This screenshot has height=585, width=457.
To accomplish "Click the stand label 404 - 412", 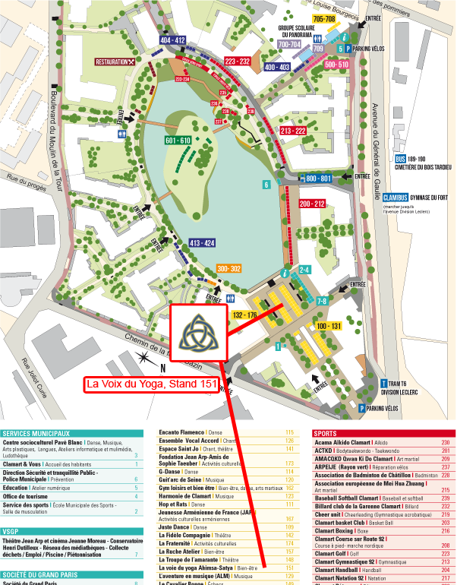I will [172, 40].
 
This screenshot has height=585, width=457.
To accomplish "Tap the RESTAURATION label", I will [115, 62].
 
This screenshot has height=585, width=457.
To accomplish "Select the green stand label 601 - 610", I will [178, 141].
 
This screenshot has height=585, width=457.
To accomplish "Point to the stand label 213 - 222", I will [292, 131].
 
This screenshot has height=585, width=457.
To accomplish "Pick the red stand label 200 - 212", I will [312, 204].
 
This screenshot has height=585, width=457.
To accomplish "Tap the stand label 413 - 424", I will [203, 243].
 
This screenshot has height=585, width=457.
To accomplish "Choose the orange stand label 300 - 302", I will [228, 269].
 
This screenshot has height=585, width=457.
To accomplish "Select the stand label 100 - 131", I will [329, 326].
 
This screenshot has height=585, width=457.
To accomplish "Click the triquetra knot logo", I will [197, 334].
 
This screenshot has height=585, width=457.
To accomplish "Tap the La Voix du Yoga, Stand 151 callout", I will [152, 385].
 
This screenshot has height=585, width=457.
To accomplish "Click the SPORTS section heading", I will [328, 434].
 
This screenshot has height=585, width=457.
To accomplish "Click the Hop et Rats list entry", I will [173, 504].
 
